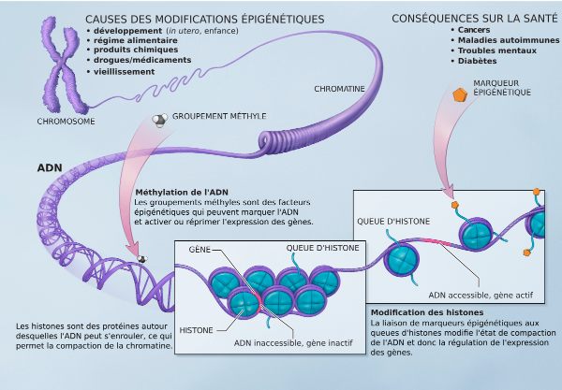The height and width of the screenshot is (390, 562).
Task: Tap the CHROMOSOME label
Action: [x=66, y=122]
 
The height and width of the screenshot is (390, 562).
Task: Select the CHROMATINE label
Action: [x=339, y=89]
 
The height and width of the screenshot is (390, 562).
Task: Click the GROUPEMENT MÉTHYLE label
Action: [x=219, y=116]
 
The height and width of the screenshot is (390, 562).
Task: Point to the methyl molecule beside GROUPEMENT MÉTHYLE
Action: [x=159, y=120]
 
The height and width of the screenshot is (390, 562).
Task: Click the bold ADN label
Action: [x=50, y=167]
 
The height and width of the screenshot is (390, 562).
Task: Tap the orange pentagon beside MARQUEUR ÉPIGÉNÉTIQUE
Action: [x=460, y=94]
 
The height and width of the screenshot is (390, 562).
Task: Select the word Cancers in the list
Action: [x=474, y=30]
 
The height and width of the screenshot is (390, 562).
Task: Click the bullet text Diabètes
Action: [x=477, y=61]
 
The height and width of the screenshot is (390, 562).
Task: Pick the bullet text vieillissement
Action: [x=124, y=72]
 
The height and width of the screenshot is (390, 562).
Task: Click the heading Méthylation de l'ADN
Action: [x=182, y=192]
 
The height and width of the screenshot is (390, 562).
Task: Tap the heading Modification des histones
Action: [x=427, y=312]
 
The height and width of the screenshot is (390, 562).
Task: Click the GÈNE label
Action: [x=200, y=250]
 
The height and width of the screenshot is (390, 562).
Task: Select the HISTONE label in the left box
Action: [x=196, y=330]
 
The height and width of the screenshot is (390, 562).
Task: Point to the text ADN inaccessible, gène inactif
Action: [x=293, y=343]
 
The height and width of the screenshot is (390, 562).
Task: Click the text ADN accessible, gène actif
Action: [x=481, y=296]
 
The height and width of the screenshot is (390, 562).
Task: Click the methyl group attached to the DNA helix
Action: [x=142, y=259]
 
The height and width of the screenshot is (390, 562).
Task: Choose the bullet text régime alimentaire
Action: [x=136, y=40]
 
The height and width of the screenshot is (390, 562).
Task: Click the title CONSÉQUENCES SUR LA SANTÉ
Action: [x=475, y=19]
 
